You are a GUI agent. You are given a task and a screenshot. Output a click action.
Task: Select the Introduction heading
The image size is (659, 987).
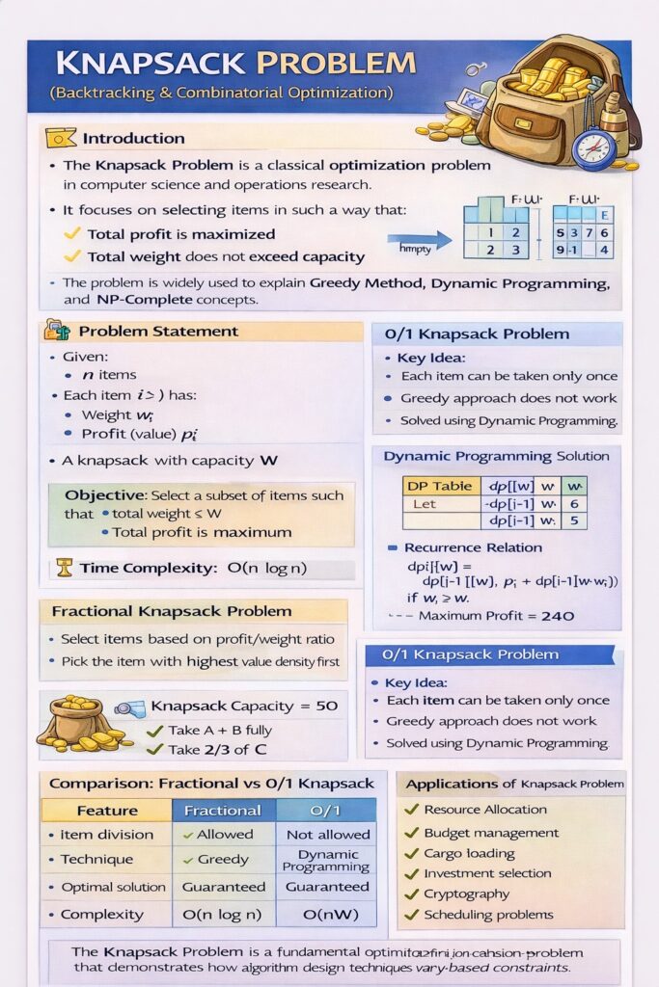coord(133,138)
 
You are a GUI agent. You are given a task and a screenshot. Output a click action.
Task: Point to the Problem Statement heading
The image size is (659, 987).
coord(157,332)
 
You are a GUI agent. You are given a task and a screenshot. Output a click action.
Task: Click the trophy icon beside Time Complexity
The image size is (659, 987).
coord(65,568)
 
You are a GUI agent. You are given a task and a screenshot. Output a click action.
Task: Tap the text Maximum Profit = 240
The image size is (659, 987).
coord(496,616)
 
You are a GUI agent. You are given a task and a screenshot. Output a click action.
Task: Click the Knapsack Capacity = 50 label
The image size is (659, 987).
coord(244,706)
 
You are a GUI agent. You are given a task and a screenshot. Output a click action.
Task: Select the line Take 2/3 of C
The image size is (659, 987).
coord(219,750)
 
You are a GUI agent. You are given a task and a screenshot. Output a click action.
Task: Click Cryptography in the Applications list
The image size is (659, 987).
coord(466,894)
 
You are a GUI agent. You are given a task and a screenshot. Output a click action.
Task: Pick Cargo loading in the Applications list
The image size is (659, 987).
coord(469,853)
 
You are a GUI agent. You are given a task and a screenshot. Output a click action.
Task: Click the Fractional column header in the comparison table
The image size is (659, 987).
coord(223,811)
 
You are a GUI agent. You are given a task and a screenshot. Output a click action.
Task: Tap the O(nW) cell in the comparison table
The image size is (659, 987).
coord(326,914)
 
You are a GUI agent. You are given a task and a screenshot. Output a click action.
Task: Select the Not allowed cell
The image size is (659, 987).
coord(327,834)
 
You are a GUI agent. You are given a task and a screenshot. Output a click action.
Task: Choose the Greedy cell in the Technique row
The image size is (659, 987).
coord(223,860)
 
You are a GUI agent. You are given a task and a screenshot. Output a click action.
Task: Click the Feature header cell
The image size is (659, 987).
coord(107,811)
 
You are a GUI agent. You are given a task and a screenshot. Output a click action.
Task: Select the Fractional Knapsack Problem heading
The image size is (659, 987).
coord(172,611)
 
